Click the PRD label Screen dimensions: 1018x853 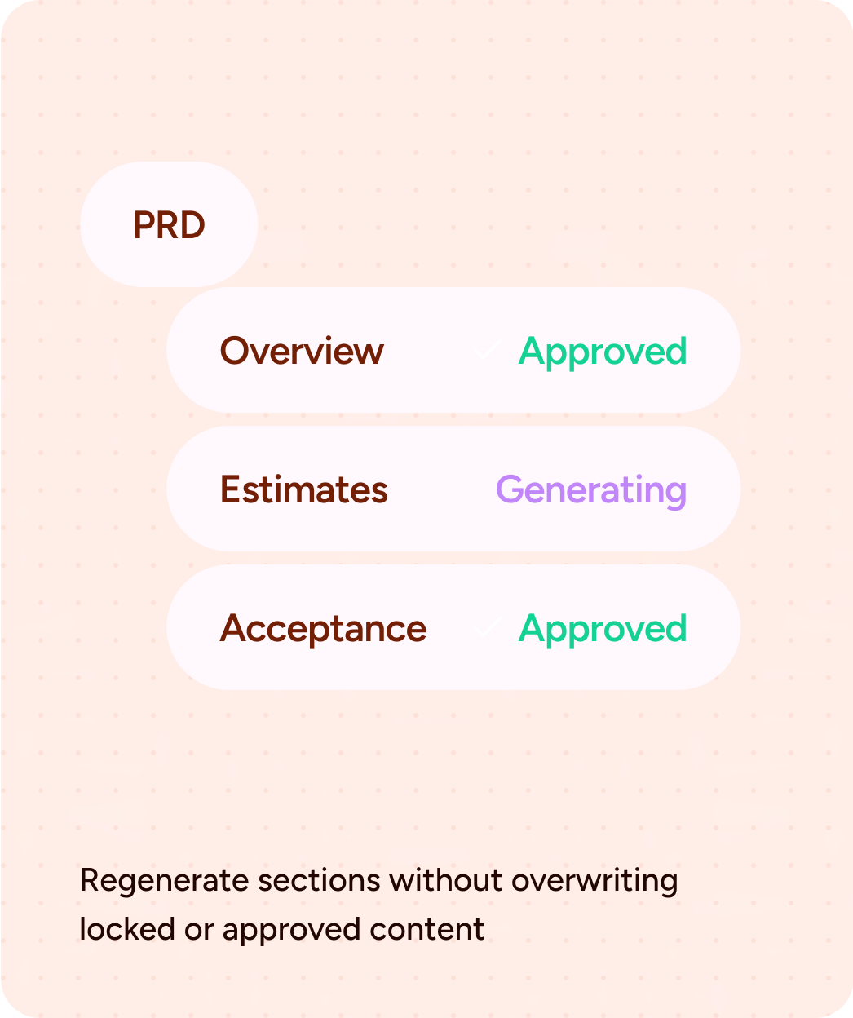coord(169,225)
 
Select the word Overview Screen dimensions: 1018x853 coord(302,351)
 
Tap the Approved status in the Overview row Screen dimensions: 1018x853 coord(603,352)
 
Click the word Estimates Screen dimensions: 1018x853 coord(304,489)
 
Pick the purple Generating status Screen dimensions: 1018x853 coord(591,490)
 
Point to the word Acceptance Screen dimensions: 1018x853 coord(323,629)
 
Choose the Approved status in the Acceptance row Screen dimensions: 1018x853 coord(603,629)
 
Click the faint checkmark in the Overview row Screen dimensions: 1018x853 coord(487,351)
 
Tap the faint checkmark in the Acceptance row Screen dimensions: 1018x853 coord(487,627)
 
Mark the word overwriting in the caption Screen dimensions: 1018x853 coord(594,882)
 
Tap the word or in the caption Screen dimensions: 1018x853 coord(198,930)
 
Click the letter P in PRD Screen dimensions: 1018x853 coord(144,225)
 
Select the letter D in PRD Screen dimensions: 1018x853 coord(192,225)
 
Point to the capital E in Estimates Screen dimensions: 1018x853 coord(228,489)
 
